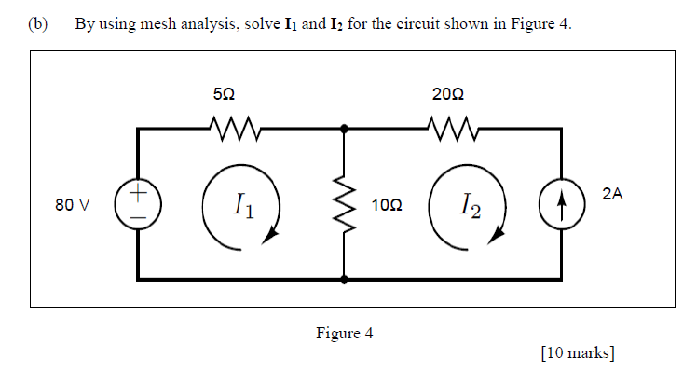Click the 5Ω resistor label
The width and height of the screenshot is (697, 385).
[x=224, y=94]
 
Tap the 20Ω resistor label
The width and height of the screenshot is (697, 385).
[x=448, y=94]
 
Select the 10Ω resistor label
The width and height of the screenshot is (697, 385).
[x=387, y=204]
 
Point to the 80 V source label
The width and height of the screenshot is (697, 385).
[x=72, y=204]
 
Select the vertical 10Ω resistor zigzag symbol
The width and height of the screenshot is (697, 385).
[x=345, y=204]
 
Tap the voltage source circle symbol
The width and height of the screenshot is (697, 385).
[x=137, y=204]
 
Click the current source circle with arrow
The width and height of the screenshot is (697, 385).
[x=561, y=204]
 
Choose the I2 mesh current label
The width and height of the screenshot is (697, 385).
[x=470, y=205]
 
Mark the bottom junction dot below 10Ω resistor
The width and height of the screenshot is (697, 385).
[x=345, y=278]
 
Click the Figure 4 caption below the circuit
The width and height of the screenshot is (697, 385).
[x=344, y=333]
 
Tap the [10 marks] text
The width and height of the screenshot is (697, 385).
[x=577, y=351]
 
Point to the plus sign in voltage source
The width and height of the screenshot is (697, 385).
[x=137, y=194]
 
